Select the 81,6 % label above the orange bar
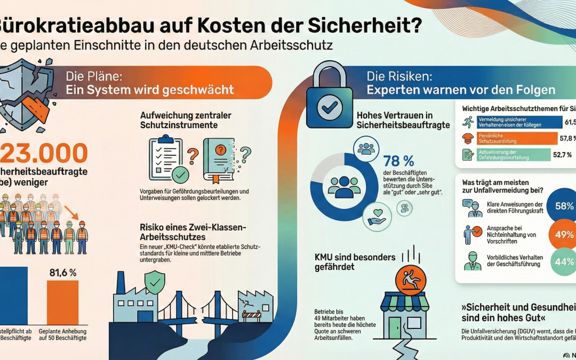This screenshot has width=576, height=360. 62,272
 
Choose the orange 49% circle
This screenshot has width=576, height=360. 562,234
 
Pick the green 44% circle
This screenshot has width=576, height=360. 562,262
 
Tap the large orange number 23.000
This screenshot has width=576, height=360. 45,154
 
